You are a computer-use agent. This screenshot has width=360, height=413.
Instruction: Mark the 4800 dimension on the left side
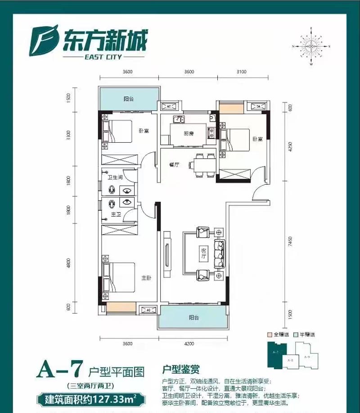(x=68, y=262)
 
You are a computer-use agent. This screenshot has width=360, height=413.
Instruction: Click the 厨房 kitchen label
(x=189, y=133)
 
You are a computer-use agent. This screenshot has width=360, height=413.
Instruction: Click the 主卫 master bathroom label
(x=116, y=215)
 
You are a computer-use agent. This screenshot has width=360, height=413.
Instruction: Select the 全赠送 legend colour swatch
(x=270, y=335)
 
